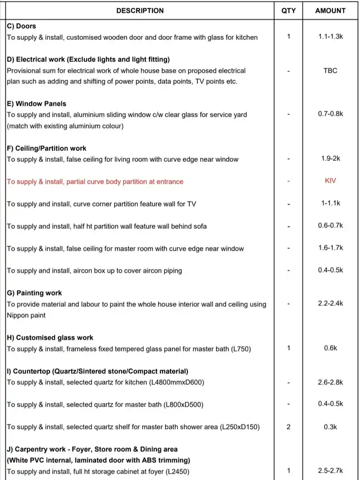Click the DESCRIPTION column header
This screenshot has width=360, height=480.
click(140, 11)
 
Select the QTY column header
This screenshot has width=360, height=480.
click(289, 11)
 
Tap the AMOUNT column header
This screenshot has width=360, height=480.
click(330, 11)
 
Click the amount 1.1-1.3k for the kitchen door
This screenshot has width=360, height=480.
click(330, 37)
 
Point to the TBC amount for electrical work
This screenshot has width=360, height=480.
click(330, 71)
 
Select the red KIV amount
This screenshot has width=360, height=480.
click(330, 182)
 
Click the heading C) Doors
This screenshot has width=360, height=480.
click(21, 26)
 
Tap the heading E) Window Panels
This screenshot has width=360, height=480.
click(37, 104)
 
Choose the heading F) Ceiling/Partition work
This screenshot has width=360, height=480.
click(47, 148)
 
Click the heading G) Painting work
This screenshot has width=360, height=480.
click(34, 293)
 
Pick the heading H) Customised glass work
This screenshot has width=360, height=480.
click(50, 338)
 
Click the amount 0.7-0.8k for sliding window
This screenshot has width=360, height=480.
click(330, 114)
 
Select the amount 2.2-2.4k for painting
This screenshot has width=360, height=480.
click(330, 304)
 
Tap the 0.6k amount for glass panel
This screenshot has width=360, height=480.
click(330, 348)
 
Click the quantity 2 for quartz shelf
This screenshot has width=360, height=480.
click(289, 427)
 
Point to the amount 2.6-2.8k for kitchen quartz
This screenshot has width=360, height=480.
click(330, 382)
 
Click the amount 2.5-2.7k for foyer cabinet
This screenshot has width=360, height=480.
click(330, 470)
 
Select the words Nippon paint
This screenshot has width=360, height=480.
click(26, 315)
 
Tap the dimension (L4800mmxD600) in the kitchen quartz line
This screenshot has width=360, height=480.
click(177, 383)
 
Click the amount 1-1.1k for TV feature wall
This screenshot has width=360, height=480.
click(330, 203)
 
